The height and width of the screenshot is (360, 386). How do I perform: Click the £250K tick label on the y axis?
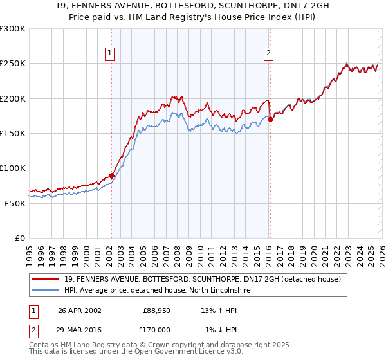coord(13,64)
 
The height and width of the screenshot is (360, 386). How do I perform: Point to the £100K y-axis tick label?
coord(13,168)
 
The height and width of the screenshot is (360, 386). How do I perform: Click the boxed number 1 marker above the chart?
coord(111,54)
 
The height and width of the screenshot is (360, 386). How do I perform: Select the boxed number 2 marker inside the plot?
coord(268,54)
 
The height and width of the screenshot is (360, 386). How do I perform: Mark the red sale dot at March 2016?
coord(270,119)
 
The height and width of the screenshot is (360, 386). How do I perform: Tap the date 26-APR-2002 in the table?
coord(79,310)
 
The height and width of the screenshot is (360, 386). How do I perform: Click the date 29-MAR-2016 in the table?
coord(79,330)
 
